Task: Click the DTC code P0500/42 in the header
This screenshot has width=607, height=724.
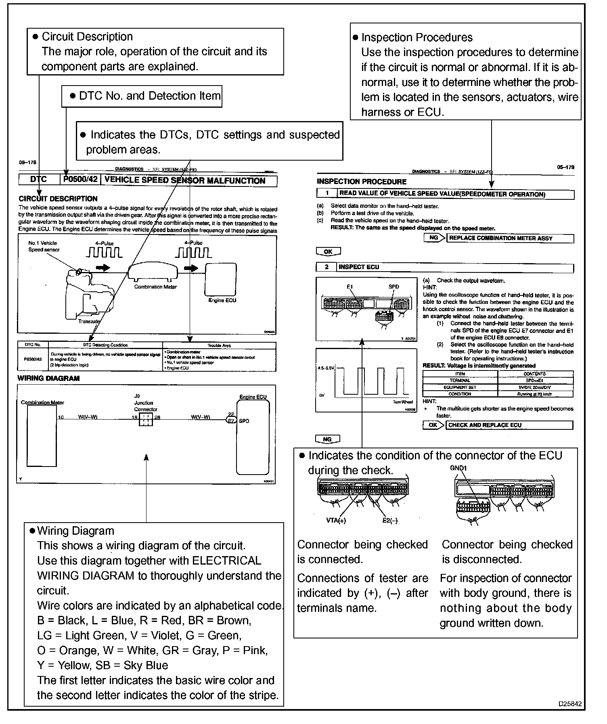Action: tap(81, 180)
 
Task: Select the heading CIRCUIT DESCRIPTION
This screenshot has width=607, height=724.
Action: tap(58, 199)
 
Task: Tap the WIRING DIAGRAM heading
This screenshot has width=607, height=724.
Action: tap(48, 378)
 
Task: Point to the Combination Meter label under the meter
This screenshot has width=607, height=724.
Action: tap(155, 287)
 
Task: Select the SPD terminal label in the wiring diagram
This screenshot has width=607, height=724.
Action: tap(244, 421)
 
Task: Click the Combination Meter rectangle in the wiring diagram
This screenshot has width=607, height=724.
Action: tap(42, 435)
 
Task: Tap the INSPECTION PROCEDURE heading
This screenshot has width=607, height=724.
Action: tap(362, 182)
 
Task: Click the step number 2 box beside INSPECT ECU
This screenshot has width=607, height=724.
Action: tap(327, 267)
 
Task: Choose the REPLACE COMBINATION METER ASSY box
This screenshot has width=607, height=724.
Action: tap(510, 239)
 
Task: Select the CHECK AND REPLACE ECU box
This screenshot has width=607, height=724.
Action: tap(509, 425)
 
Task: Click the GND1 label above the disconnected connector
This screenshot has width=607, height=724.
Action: tap(458, 468)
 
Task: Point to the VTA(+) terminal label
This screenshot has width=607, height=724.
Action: tap(336, 521)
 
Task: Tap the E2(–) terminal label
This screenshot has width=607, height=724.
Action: tap(390, 521)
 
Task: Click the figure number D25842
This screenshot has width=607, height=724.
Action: tap(570, 704)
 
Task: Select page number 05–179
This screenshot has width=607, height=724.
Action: tap(565, 167)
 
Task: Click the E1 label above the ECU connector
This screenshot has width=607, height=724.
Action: tap(350, 287)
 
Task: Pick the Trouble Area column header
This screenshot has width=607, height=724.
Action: tap(219, 345)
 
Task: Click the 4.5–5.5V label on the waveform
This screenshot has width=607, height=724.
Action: tap(327, 368)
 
